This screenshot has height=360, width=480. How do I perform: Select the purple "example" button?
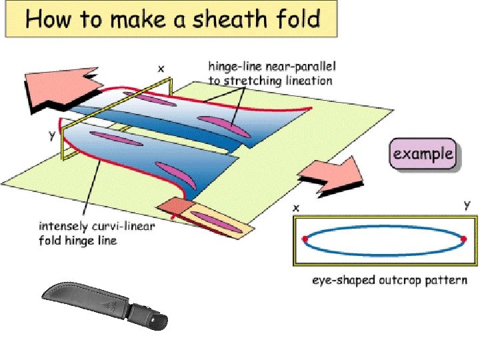tap(423, 155)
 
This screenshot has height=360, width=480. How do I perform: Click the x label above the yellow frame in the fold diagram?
tap(161, 67)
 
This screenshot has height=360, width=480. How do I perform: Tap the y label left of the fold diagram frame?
tap(51, 135)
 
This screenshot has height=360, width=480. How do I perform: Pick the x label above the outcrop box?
tap(297, 207)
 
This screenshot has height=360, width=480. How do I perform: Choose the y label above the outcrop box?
tap(466, 205)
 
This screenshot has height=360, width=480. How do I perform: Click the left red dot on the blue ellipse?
tap(305, 238)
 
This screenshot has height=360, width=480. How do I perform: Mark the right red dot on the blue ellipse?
tap(463, 238)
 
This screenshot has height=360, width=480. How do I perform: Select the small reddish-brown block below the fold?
tap(173, 207)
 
